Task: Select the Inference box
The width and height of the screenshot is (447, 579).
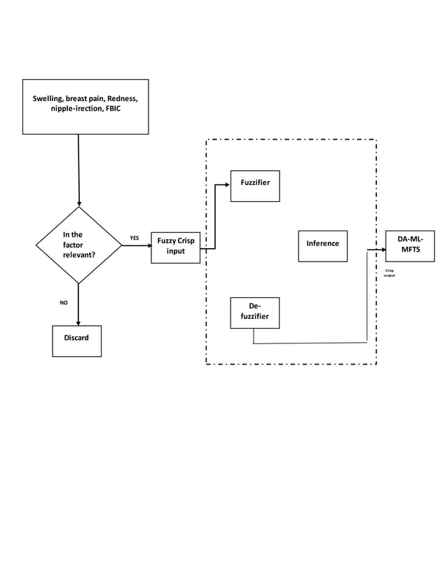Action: tap(322, 245)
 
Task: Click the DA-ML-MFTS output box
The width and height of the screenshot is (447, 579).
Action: tap(410, 245)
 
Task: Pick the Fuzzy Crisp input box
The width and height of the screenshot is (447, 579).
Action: tap(176, 247)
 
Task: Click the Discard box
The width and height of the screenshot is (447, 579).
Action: tap(77, 341)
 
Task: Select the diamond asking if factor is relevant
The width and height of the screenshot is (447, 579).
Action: tap(78, 245)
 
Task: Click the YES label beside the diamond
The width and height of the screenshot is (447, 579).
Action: tap(135, 238)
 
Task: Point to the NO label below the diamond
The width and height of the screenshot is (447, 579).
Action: tap(63, 303)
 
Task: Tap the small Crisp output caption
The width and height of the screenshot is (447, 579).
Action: tap(389, 273)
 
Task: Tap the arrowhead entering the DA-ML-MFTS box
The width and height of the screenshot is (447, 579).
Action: tap(383, 249)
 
